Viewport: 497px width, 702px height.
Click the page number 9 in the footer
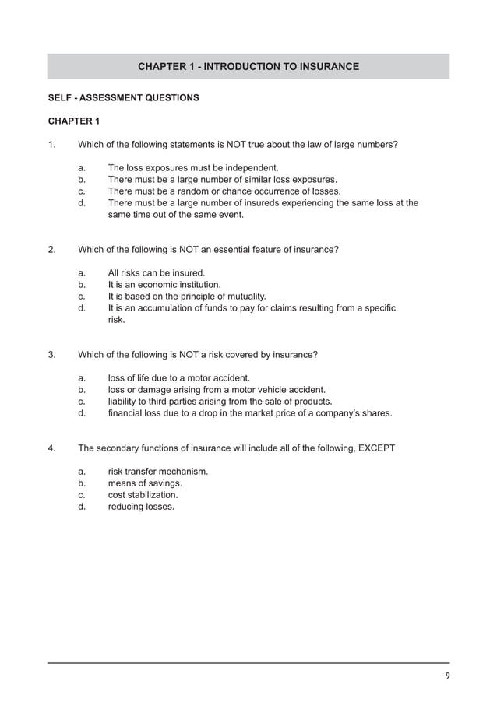pos(446,675)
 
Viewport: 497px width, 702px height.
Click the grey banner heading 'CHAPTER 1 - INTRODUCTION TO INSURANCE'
pos(248,67)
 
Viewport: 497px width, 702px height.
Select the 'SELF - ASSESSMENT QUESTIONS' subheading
pos(123,98)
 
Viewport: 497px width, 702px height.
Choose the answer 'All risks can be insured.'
pos(156,273)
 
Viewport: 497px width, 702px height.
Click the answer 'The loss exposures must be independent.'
pos(192,168)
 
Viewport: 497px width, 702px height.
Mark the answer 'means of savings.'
pos(144,483)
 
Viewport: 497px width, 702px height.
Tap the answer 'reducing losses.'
pos(141,507)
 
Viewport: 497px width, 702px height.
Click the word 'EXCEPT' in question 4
pos(376,448)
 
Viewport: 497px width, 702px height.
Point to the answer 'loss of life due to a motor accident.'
pos(178,378)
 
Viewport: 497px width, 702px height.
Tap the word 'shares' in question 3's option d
pos(375,413)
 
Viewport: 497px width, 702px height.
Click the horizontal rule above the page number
pos(248,663)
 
